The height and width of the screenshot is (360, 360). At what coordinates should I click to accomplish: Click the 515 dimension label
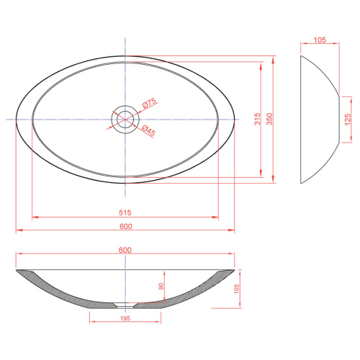(125, 212)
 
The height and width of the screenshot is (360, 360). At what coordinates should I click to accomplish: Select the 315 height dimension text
(257, 119)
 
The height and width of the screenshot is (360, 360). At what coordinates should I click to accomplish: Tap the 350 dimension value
(270, 119)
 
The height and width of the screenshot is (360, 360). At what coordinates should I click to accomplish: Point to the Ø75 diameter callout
(149, 103)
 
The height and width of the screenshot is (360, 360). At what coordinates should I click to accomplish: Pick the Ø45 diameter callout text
(148, 131)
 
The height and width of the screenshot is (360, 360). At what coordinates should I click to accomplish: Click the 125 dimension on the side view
(347, 120)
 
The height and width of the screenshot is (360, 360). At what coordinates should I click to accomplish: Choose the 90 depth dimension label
(161, 286)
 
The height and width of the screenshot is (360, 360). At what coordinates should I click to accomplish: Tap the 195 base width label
(125, 318)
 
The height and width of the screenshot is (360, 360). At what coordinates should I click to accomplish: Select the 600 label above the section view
(125, 250)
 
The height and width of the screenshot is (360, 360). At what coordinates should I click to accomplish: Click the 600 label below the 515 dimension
(126, 226)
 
